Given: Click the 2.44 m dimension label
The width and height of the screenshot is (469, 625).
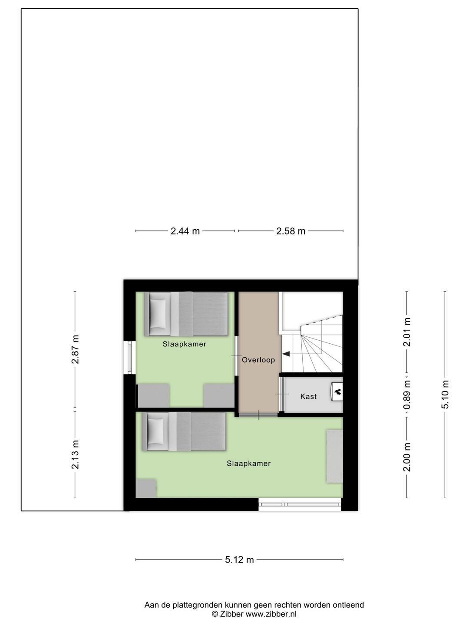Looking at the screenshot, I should pos(185,231).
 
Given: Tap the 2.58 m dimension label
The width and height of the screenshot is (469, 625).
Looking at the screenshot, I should pos(291,231).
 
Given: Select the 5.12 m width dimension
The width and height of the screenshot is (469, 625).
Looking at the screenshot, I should pos(239,560).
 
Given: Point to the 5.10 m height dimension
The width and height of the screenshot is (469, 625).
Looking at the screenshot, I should pos(446,394).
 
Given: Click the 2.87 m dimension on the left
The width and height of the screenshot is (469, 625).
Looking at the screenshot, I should pos(76,349).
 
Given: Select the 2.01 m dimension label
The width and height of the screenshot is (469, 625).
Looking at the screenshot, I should pos(407,332).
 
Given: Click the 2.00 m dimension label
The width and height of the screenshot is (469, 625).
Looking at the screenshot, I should pos(407,457).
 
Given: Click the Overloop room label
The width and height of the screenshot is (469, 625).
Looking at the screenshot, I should pos(258,360).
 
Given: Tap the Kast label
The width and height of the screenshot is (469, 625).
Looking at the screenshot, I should pos(308,397).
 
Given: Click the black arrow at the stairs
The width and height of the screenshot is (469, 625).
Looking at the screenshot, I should pos(286,354).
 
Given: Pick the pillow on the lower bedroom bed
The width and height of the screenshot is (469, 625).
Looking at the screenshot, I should pos(155,432).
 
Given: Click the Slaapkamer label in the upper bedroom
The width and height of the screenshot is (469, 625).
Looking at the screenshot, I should pos(184,345).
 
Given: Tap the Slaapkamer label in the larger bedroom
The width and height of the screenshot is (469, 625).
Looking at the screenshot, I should pos(248,464).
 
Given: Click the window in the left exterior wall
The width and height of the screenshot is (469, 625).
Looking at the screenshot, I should pos(129,358).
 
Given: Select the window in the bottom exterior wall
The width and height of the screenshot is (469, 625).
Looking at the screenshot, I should pos(300,504).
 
